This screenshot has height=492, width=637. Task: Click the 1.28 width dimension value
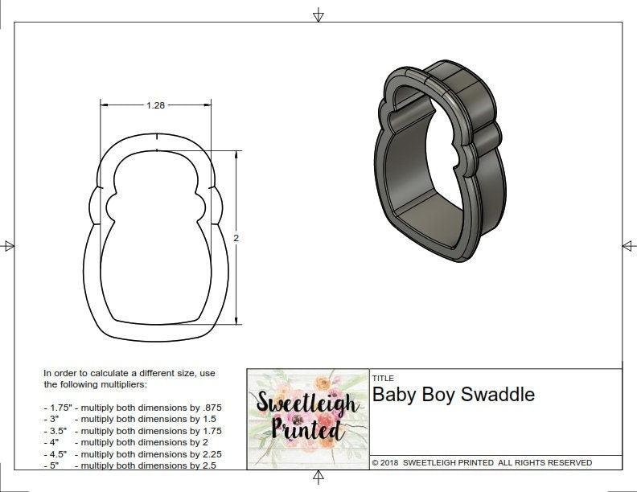[156, 105]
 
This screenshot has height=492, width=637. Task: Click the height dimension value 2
[236, 238]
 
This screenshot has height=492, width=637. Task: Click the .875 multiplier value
[211, 408]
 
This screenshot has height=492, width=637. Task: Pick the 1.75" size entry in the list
[58, 408]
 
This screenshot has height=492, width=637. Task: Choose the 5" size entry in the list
[53, 465]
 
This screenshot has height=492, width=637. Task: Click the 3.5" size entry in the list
[56, 431]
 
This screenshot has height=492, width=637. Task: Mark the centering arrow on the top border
[318, 15]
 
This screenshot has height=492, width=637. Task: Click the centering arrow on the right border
[628, 245]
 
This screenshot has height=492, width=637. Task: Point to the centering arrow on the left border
[8, 245]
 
